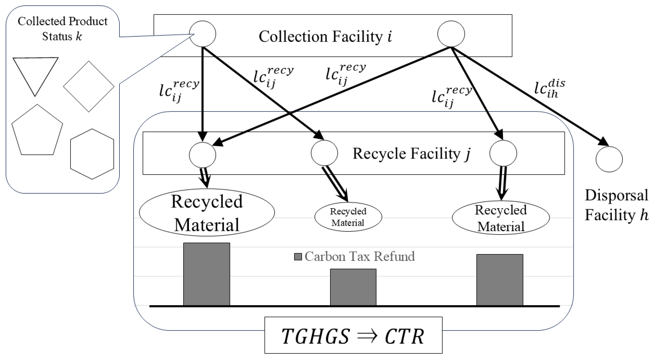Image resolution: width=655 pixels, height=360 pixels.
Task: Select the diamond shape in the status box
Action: (89, 87)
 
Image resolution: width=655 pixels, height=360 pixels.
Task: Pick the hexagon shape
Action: (92, 154)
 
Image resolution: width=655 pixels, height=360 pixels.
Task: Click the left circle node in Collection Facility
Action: (203, 34)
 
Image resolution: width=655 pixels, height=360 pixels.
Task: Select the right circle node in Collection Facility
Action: (451, 34)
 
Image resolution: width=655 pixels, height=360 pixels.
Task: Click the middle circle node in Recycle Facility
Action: (324, 153)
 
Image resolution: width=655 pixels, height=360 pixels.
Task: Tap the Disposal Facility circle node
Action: (609, 159)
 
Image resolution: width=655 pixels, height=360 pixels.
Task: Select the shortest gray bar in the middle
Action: (353, 287)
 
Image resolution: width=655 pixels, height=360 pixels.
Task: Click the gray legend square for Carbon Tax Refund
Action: (298, 257)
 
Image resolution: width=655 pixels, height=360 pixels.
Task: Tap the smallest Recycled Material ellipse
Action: (348, 217)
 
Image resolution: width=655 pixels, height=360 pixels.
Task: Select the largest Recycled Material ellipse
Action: (207, 212)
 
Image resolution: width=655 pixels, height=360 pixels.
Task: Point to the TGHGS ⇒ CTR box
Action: (353, 335)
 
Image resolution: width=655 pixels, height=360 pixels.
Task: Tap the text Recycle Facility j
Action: (411, 154)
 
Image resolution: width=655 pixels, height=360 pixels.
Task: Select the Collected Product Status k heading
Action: (62, 29)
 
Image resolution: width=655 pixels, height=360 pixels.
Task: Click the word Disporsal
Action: (616, 195)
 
